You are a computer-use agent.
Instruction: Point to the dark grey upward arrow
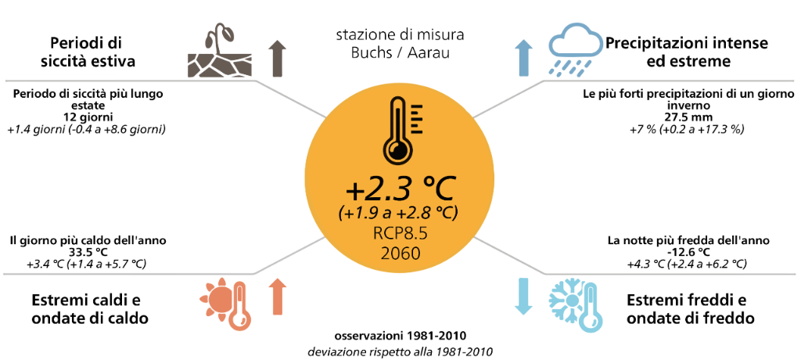[277, 58]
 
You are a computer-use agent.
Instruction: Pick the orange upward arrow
[277, 297]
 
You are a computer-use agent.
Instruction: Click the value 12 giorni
[89, 117]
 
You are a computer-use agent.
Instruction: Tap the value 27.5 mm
[688, 117]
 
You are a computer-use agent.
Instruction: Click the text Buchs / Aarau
[400, 53]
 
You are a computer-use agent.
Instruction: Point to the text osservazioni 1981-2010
[400, 337]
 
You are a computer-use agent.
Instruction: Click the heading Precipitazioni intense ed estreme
[687, 52]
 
